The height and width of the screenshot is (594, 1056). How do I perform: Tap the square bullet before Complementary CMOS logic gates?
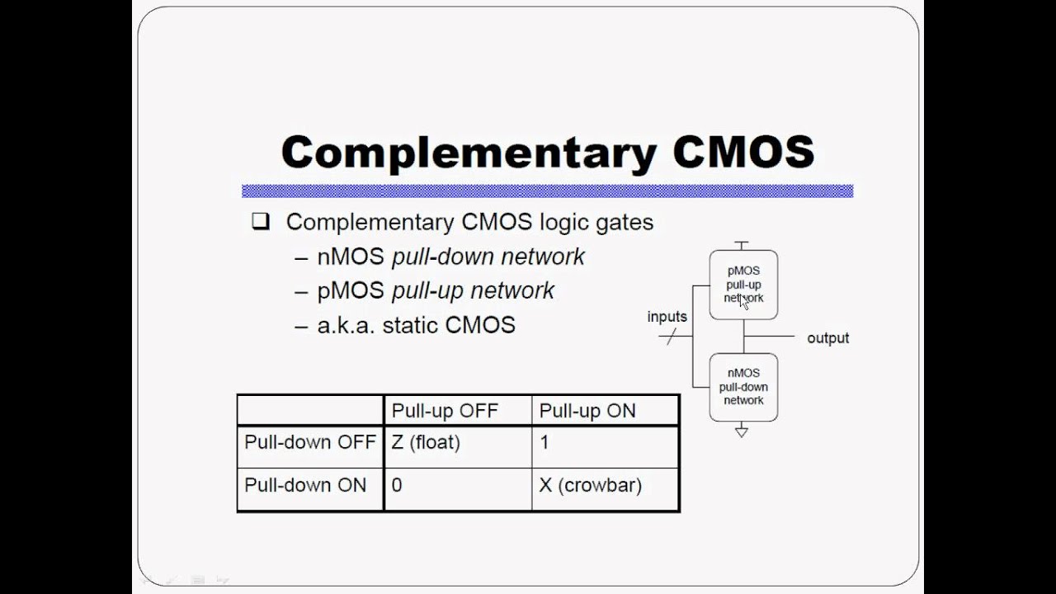click(x=261, y=221)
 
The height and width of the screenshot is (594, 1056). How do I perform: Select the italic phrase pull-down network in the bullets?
click(x=488, y=257)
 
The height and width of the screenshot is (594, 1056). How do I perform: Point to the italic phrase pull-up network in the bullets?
click(x=473, y=290)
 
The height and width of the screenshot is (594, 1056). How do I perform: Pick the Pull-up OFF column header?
click(x=445, y=411)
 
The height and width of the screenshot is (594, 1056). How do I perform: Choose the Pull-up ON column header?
click(x=587, y=411)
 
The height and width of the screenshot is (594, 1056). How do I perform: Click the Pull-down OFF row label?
click(x=310, y=442)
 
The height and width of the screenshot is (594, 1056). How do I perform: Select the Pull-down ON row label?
click(x=305, y=485)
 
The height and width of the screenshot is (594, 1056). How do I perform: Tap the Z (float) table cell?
click(x=426, y=442)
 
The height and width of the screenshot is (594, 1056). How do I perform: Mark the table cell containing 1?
click(x=544, y=442)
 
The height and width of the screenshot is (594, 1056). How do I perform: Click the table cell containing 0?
click(x=397, y=485)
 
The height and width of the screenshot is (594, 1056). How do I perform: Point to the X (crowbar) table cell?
click(x=590, y=485)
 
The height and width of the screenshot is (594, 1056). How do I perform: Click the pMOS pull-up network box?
click(x=743, y=285)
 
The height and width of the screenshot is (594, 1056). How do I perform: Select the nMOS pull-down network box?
click(x=743, y=387)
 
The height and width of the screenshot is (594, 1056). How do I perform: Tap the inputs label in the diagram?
click(x=667, y=317)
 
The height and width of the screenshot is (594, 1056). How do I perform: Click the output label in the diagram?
click(x=827, y=338)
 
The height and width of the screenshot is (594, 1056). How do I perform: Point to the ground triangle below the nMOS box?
click(x=742, y=431)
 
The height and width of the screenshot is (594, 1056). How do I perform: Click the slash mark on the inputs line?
click(x=671, y=337)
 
